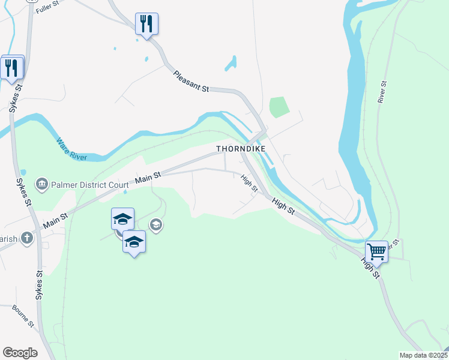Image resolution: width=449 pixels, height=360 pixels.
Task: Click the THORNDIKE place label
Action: [x=240, y=148]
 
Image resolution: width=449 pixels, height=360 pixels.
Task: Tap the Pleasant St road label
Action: [x=190, y=82]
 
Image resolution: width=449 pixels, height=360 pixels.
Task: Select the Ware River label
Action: [x=71, y=150]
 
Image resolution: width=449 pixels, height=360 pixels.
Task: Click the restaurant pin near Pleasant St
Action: [x=146, y=25]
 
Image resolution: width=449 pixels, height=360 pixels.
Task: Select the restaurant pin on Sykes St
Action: [x=11, y=67]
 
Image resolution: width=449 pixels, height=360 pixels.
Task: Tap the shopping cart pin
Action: [x=376, y=251]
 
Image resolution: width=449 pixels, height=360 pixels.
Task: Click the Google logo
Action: [x=20, y=353]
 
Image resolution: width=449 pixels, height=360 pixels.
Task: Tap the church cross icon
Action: [x=26, y=239]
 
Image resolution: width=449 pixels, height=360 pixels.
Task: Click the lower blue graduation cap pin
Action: [x=134, y=242]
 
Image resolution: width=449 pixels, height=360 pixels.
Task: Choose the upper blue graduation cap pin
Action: [x=122, y=219]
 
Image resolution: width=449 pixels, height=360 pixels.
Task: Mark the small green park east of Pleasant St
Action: [x=279, y=107]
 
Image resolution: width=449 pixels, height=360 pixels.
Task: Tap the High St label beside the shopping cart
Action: [x=370, y=267]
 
